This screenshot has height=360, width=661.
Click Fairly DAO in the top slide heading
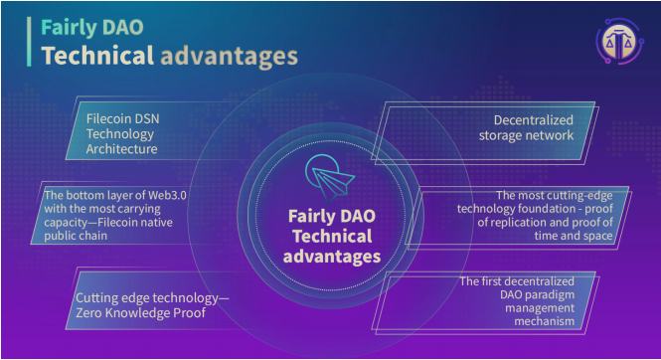(82, 25)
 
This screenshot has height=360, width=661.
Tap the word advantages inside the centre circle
(331, 256)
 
